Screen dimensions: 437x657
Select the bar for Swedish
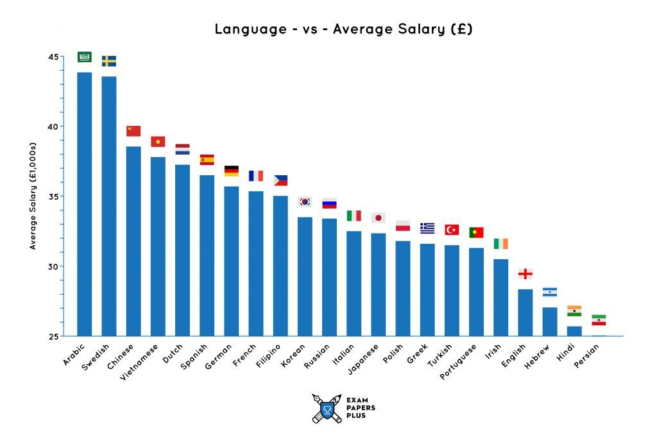click(x=109, y=206)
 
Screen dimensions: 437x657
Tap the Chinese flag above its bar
click(x=133, y=131)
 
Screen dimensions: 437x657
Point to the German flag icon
click(x=231, y=171)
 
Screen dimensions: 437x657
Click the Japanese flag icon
click(x=378, y=218)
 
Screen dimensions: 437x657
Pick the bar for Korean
click(x=305, y=276)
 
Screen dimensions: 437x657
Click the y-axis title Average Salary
click(x=33, y=196)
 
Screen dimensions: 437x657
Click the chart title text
click(x=343, y=29)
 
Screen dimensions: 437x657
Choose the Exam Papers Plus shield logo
click(x=327, y=408)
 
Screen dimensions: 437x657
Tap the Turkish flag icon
click(x=452, y=230)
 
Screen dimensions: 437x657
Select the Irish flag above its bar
click(x=500, y=244)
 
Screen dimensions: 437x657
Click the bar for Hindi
click(x=574, y=331)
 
